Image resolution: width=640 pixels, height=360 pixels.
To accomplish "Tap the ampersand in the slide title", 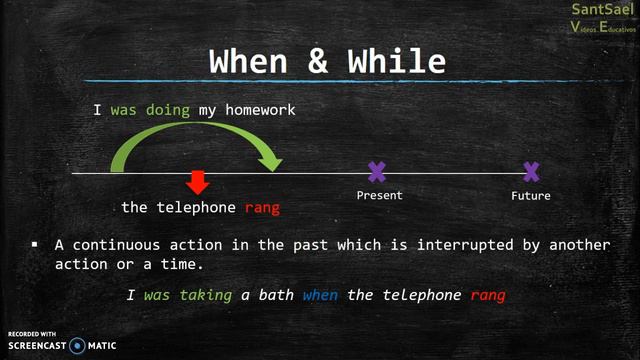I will click(x=320, y=62).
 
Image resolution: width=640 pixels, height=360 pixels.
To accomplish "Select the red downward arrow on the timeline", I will click(x=198, y=183).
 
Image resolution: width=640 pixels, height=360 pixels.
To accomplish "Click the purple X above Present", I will click(x=376, y=172).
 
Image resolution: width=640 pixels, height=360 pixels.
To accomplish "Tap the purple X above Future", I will click(x=531, y=172).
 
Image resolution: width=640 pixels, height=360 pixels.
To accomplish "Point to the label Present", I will click(x=379, y=195).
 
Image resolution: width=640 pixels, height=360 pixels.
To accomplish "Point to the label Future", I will click(x=531, y=195).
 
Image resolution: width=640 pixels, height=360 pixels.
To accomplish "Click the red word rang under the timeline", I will click(x=262, y=207).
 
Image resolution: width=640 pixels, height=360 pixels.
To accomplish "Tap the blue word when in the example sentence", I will click(x=322, y=295).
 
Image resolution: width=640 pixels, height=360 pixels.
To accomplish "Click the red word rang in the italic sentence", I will click(x=488, y=295).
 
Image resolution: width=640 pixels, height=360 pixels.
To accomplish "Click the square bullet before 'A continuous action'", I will click(x=35, y=244).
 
